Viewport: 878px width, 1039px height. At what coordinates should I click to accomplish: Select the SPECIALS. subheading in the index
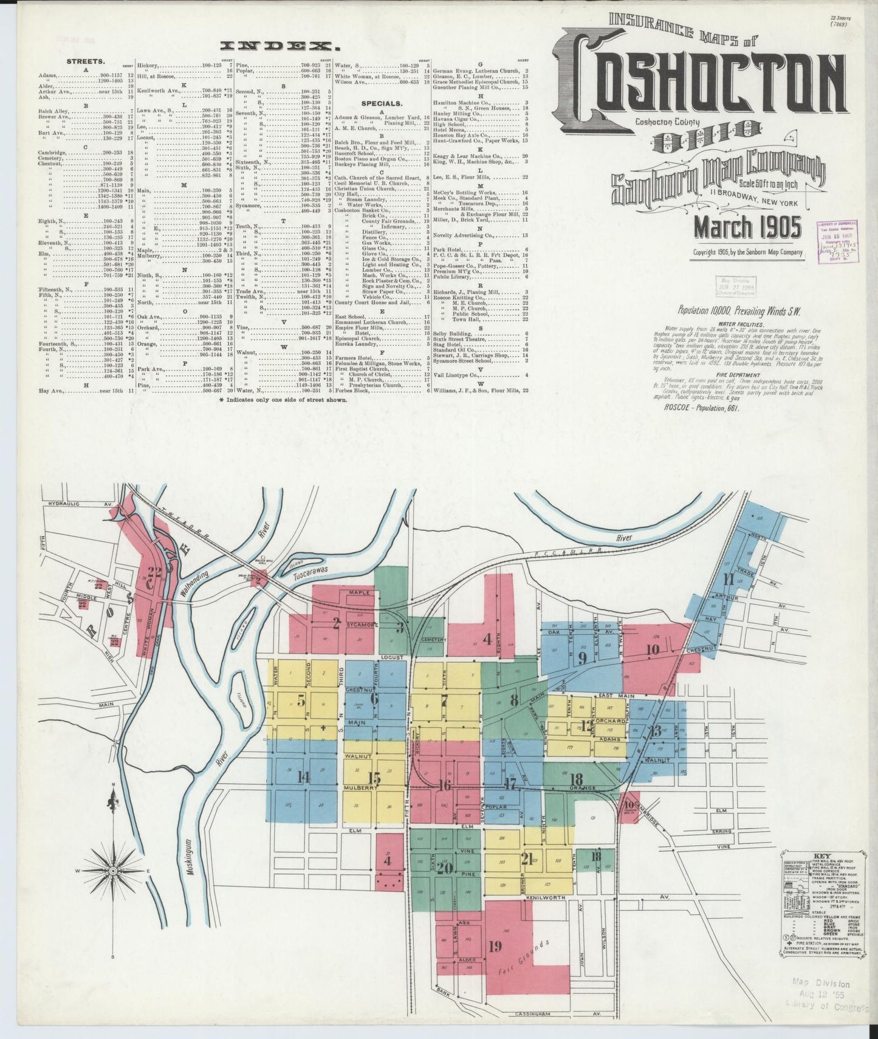click(x=381, y=104)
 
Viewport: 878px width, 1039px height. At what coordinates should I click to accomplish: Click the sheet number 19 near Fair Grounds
click(x=495, y=946)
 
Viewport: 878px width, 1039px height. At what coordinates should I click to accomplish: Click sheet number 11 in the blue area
click(x=727, y=578)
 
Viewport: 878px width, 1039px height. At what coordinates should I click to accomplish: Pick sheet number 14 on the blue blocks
click(x=303, y=776)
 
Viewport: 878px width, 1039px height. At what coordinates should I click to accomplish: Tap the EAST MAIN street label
click(x=616, y=695)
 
